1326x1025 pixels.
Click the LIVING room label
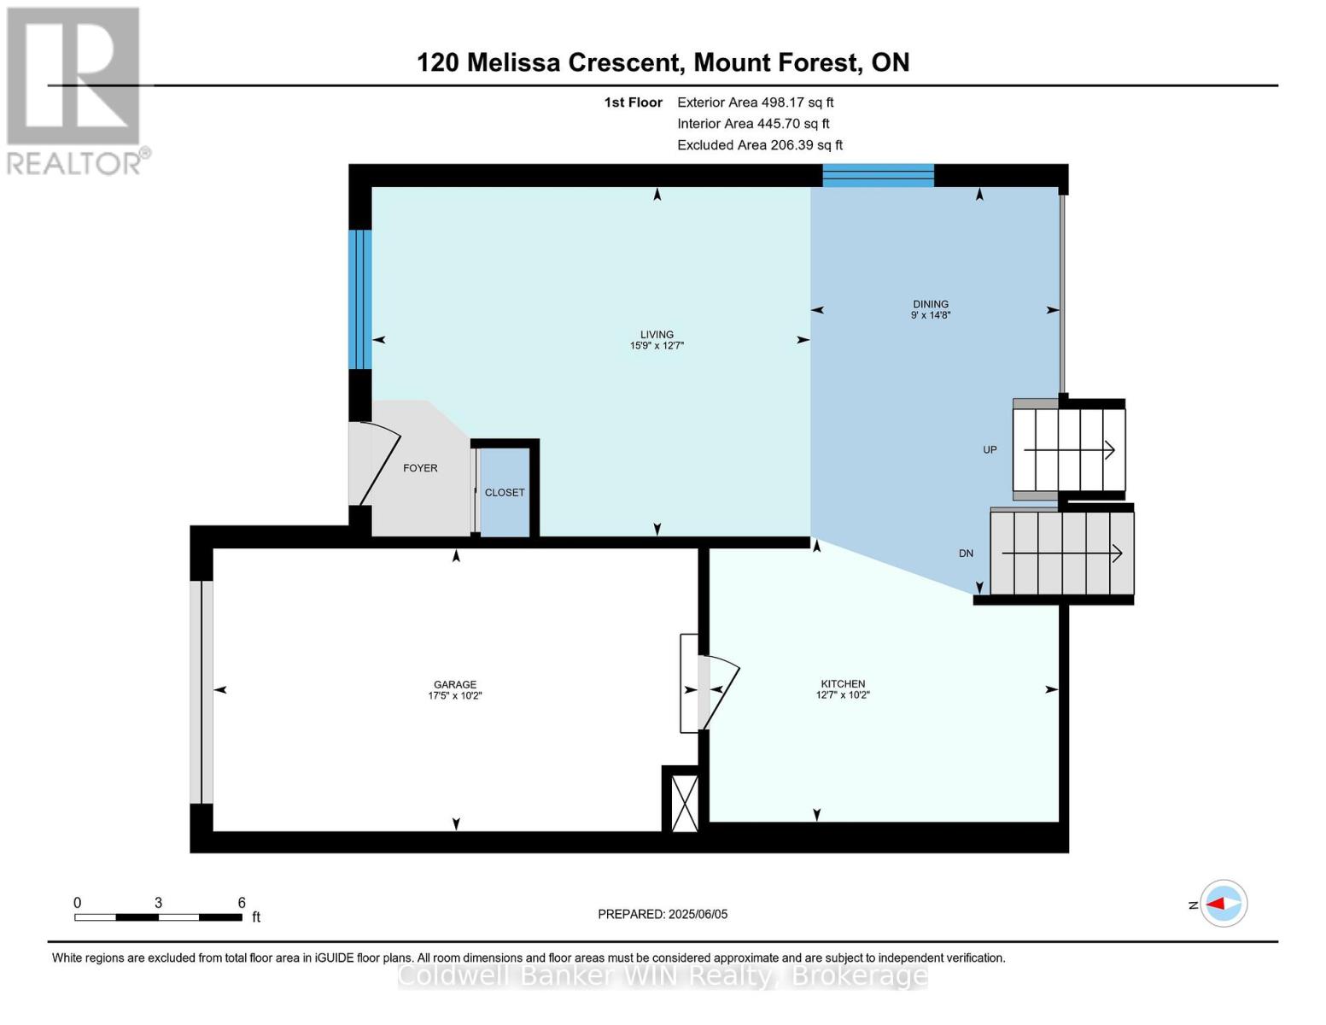coord(657,335)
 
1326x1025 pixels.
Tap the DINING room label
coord(930,304)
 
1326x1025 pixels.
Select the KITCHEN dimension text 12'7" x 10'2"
coord(842,695)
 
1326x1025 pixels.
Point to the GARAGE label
coord(454,684)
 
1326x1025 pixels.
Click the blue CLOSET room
coord(505,493)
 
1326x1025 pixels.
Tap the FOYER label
coord(420,468)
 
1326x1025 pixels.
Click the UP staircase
coord(1068,449)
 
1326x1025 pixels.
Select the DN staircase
coord(1061,553)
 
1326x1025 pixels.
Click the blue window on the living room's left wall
coord(360,299)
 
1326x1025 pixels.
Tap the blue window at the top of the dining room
coord(878,175)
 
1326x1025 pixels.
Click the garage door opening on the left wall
coord(202,692)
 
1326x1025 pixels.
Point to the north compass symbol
coord(1223,904)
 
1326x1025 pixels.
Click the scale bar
coord(158,917)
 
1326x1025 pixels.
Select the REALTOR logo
coord(74,90)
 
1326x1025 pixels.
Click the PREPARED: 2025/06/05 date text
coord(663,914)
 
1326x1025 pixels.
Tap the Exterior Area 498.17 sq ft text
coord(755,102)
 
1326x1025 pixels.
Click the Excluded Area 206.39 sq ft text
coord(759,145)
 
